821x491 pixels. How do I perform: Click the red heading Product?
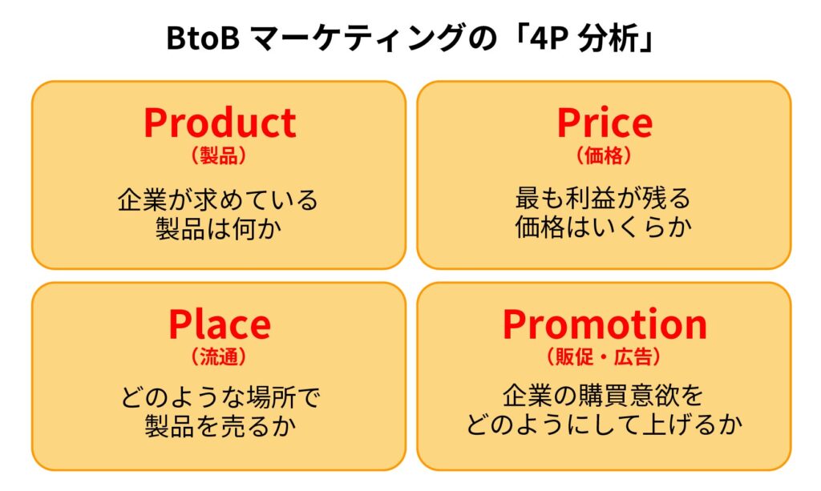(220, 123)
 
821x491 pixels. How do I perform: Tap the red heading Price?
(605, 123)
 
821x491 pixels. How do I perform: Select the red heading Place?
(220, 324)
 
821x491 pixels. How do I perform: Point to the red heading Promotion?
(605, 324)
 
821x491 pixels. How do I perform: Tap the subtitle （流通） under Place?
(219, 357)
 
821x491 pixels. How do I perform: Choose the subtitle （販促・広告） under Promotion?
(605, 357)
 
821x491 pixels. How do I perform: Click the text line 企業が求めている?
(218, 199)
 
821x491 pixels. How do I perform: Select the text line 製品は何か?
(218, 228)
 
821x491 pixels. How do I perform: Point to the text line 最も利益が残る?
(603, 198)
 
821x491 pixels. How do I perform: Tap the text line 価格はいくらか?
(604, 227)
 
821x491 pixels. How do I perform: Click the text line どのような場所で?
(220, 397)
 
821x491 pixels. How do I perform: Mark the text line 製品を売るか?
(220, 426)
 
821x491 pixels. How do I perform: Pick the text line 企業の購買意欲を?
(603, 396)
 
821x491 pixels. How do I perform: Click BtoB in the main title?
(203, 38)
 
